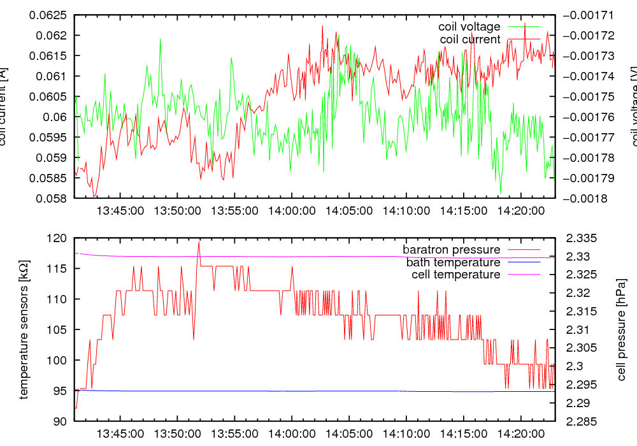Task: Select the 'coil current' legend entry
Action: [470, 40]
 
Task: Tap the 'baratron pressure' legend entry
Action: [451, 249]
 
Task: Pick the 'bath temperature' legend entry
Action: [453, 262]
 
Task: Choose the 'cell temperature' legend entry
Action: [453, 275]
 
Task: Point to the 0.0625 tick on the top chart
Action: [50, 15]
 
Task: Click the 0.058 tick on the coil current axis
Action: [55, 198]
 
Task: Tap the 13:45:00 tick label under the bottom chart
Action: [119, 433]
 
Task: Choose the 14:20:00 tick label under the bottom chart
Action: [521, 433]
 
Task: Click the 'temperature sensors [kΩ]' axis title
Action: [24, 329]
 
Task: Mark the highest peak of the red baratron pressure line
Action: [199, 242]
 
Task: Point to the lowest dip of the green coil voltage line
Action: [501, 192]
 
